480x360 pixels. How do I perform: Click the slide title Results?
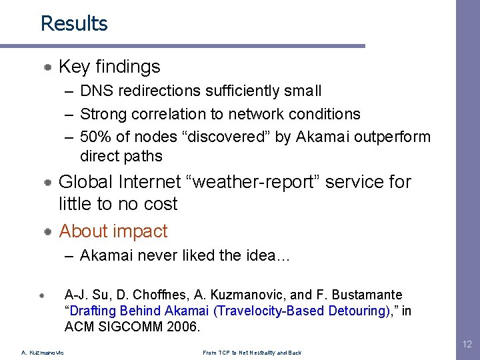pos(74,23)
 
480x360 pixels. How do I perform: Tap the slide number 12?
pos(466,344)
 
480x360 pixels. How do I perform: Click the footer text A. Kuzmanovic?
pos(43,353)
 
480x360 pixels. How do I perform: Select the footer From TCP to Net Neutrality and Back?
pos(251,353)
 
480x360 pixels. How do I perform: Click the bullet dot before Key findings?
pos(49,67)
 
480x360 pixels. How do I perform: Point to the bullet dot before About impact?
pos(49,232)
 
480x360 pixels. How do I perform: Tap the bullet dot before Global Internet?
pos(49,182)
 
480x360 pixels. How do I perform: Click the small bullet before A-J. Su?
pos(41,294)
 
